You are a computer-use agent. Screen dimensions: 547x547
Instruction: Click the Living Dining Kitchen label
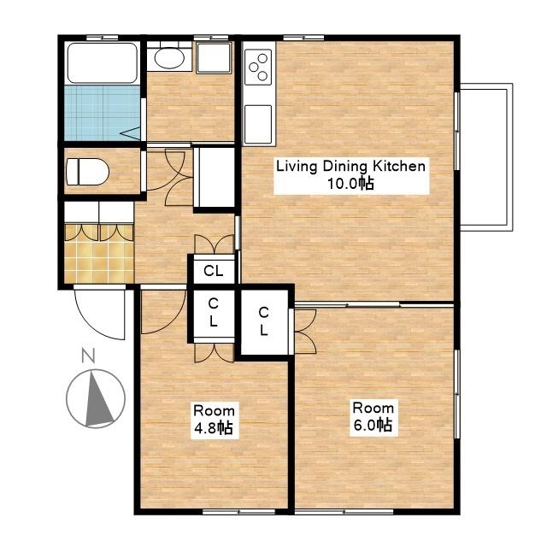pyautogui.click(x=351, y=174)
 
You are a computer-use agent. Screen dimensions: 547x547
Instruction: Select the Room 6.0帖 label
pyautogui.click(x=373, y=417)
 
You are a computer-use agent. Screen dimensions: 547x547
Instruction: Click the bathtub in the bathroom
pyautogui.click(x=102, y=62)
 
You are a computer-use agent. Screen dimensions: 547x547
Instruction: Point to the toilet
pyautogui.click(x=87, y=172)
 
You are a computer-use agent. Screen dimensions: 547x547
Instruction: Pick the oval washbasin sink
pyautogui.click(x=169, y=57)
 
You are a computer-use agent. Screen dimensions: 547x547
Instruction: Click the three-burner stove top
pyautogui.click(x=258, y=67)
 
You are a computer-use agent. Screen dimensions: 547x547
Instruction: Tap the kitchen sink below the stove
pyautogui.click(x=258, y=124)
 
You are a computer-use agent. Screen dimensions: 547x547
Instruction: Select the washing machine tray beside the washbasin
pyautogui.click(x=214, y=57)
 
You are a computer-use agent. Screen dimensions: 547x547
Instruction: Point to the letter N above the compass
pyautogui.click(x=88, y=356)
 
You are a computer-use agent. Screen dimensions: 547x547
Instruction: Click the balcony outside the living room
pyautogui.click(x=486, y=157)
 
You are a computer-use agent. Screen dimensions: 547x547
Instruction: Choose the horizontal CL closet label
pyautogui.click(x=214, y=270)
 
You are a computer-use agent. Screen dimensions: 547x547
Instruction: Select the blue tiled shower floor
pyautogui.click(x=102, y=113)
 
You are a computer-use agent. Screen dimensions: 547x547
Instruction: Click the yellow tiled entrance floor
pyautogui.click(x=99, y=254)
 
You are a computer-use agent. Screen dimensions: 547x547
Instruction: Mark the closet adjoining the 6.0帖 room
pyautogui.click(x=264, y=321)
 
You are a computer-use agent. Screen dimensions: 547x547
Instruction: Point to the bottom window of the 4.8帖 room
pyautogui.click(x=239, y=511)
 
